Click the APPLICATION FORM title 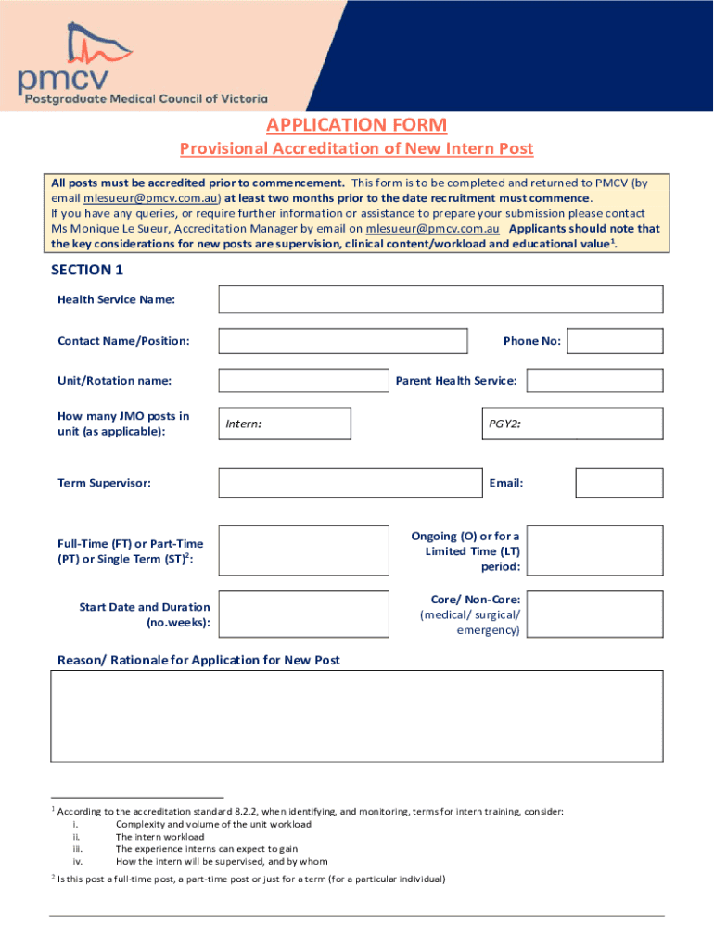tap(357, 125)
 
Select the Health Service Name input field tap(440, 299)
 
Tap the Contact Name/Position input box tap(343, 341)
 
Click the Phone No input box tap(615, 341)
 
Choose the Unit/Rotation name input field tap(303, 381)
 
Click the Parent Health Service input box tap(595, 381)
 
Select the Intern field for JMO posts tap(285, 424)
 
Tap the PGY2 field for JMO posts tap(572, 424)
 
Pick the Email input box tap(618, 483)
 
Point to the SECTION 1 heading tap(87, 270)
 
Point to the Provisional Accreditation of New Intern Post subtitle tap(357, 149)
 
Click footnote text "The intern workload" tap(159, 837)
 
